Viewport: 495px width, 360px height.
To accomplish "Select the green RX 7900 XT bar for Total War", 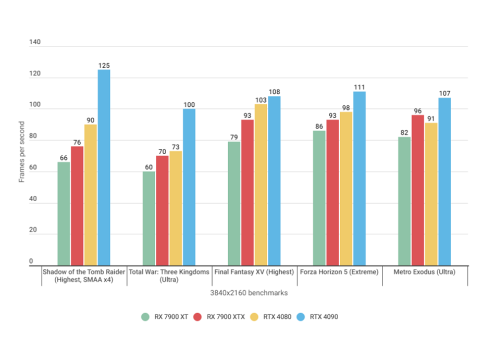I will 149,219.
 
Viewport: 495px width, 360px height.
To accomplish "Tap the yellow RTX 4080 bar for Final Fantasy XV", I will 261,185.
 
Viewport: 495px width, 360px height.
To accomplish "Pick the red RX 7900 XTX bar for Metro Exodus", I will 418,191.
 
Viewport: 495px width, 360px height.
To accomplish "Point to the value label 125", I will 104,66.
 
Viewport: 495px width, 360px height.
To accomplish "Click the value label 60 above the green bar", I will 149,167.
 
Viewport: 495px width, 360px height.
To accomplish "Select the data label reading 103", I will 261,100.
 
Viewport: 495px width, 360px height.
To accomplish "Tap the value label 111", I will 359,87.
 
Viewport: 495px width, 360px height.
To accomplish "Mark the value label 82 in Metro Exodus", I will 404,133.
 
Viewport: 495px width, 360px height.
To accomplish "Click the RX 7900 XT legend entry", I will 166,316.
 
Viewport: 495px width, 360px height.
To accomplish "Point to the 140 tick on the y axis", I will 35,43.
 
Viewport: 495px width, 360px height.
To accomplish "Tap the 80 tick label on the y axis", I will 33,136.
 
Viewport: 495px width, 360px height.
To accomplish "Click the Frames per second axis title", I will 22,152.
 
